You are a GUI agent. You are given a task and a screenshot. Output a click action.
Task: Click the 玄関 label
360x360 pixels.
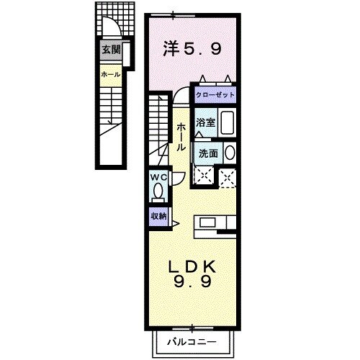click(x=110, y=50)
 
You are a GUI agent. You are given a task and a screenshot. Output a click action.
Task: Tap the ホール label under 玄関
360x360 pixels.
click(x=109, y=74)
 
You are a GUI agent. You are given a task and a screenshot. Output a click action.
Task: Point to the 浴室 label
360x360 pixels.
click(x=206, y=122)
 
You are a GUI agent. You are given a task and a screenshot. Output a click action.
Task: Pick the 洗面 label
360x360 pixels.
click(x=208, y=153)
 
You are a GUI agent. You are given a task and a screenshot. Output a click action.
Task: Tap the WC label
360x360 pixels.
click(x=158, y=177)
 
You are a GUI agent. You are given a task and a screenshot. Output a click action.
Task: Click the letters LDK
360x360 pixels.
click(x=192, y=266)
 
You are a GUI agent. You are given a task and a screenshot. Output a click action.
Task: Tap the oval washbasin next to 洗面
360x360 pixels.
click(x=229, y=153)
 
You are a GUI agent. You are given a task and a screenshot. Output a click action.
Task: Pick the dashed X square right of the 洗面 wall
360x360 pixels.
click(x=228, y=176)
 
